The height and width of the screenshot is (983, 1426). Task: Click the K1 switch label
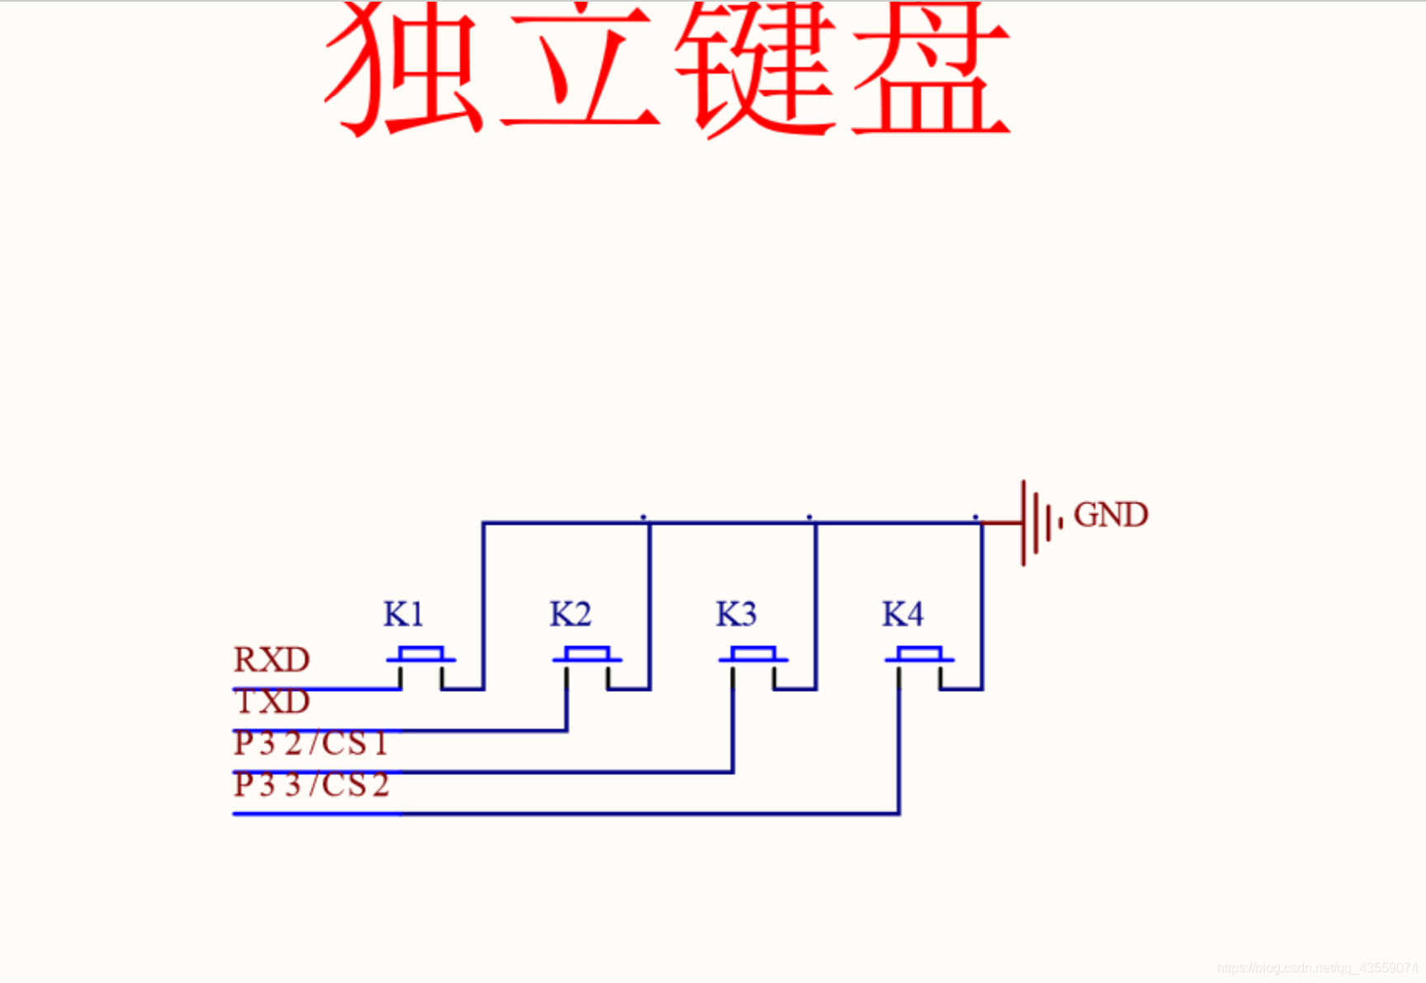[404, 615]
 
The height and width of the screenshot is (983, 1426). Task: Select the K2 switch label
[570, 615]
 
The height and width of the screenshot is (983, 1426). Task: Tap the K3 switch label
[736, 615]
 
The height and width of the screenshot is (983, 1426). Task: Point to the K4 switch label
[903, 615]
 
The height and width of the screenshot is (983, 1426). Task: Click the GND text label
[1111, 515]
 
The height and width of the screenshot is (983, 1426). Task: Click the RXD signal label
[272, 660]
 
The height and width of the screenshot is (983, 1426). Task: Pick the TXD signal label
[272, 702]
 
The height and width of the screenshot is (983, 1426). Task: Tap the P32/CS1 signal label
[310, 744]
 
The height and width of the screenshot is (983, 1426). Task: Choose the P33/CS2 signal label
[311, 785]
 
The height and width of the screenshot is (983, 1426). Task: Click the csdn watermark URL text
[1317, 967]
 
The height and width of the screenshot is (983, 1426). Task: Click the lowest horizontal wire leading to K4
[578, 814]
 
